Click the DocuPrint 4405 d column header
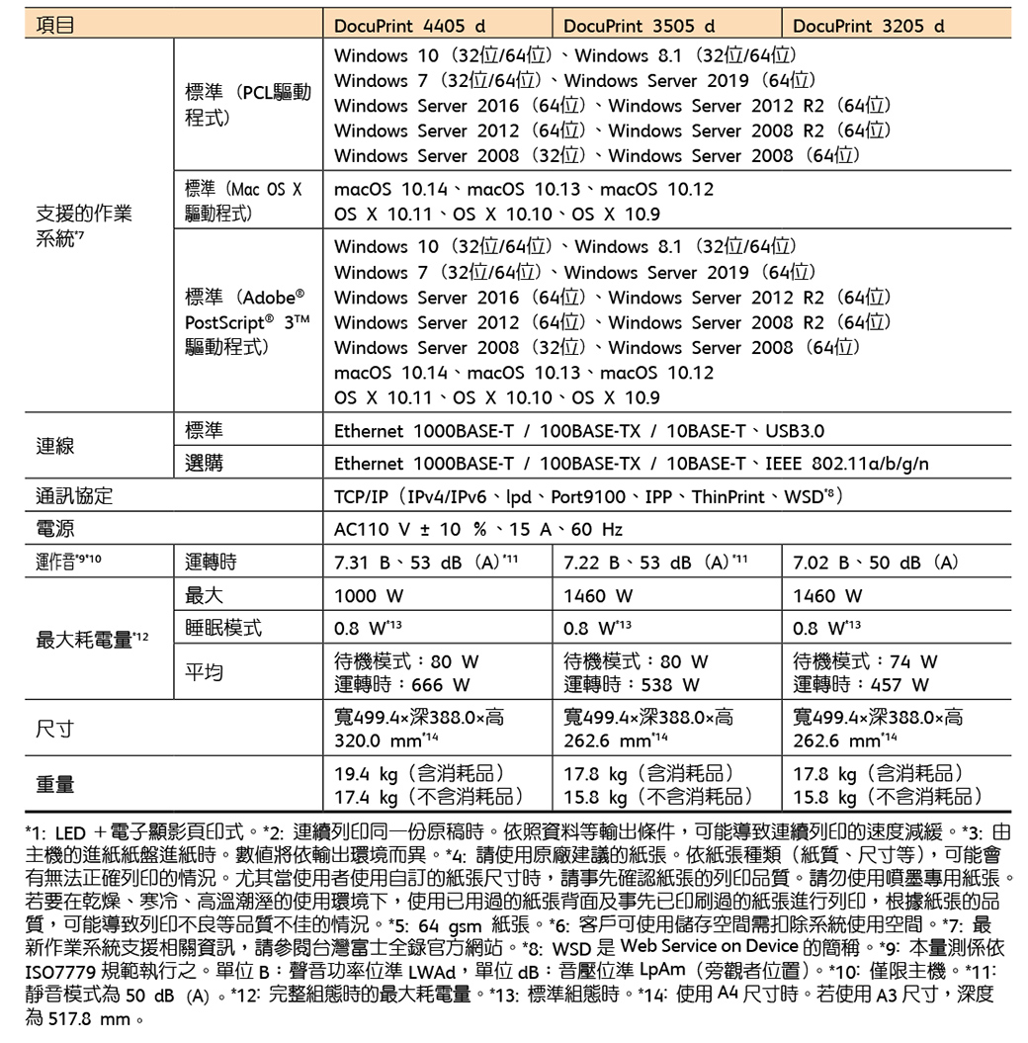411,25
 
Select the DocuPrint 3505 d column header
640,25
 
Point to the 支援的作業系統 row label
83,225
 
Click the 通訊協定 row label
75,496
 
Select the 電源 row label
55,529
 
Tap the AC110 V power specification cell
478,529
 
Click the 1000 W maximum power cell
369,596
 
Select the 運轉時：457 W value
860,684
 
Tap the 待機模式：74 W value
865,661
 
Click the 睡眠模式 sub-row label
223,629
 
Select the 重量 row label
55,784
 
